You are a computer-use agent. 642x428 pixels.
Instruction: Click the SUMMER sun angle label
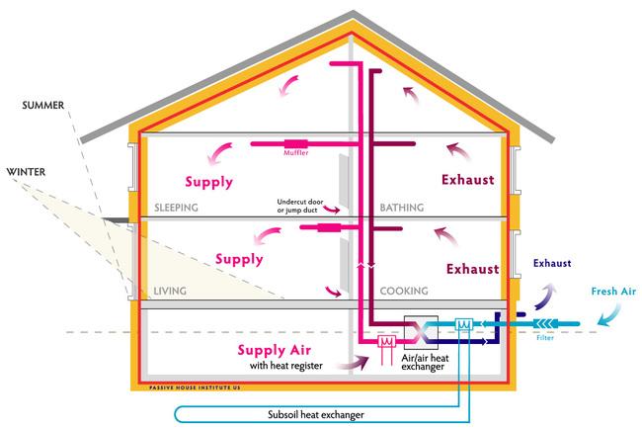pyautogui.click(x=43, y=105)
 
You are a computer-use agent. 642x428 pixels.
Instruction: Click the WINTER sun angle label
pyautogui.click(x=26, y=172)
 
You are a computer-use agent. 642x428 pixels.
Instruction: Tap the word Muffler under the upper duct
pyautogui.click(x=296, y=153)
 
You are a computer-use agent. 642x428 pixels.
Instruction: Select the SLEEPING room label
pyautogui.click(x=176, y=208)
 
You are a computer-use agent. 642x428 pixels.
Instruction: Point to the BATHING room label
pyautogui.click(x=402, y=208)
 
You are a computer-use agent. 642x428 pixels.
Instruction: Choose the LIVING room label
pyautogui.click(x=170, y=292)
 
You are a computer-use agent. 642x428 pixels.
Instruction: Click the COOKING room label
pyautogui.click(x=404, y=292)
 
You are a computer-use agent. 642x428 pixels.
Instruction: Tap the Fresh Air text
pyautogui.click(x=613, y=292)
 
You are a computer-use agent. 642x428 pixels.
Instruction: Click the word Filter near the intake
pyautogui.click(x=545, y=338)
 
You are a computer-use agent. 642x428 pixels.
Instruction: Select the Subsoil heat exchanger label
pyautogui.click(x=316, y=414)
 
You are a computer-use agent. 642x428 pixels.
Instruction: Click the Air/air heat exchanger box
pyautogui.click(x=421, y=332)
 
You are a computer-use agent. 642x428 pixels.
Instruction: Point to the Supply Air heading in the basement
pyautogui.click(x=274, y=350)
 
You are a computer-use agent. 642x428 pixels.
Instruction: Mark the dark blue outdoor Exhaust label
pyautogui.click(x=552, y=263)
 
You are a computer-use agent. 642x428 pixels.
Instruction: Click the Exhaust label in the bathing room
pyautogui.click(x=467, y=180)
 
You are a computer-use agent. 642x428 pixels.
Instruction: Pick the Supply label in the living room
pyautogui.click(x=239, y=259)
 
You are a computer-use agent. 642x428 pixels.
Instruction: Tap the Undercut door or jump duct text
pyautogui.click(x=300, y=206)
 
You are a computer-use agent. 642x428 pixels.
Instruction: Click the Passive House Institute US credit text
pyautogui.click(x=195, y=387)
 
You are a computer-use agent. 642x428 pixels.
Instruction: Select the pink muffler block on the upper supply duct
pyautogui.click(x=296, y=144)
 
